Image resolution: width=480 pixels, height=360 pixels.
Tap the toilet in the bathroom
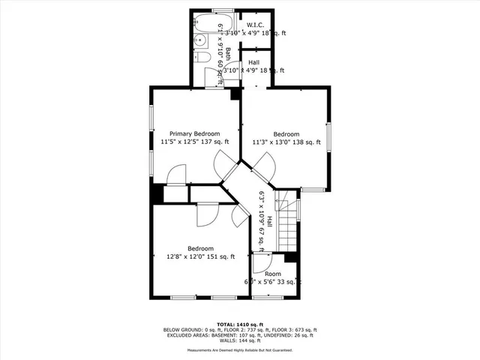[x=201, y=58]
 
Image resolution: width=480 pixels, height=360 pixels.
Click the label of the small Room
[x=272, y=274]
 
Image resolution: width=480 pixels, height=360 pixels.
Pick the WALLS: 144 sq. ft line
[x=239, y=341]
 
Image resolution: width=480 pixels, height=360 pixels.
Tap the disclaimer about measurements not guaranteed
[x=239, y=350]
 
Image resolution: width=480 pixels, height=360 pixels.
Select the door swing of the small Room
[x=259, y=263]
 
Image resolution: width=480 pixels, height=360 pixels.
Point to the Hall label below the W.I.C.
[x=253, y=62]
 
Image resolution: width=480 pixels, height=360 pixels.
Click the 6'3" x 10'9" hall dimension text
[x=262, y=217]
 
